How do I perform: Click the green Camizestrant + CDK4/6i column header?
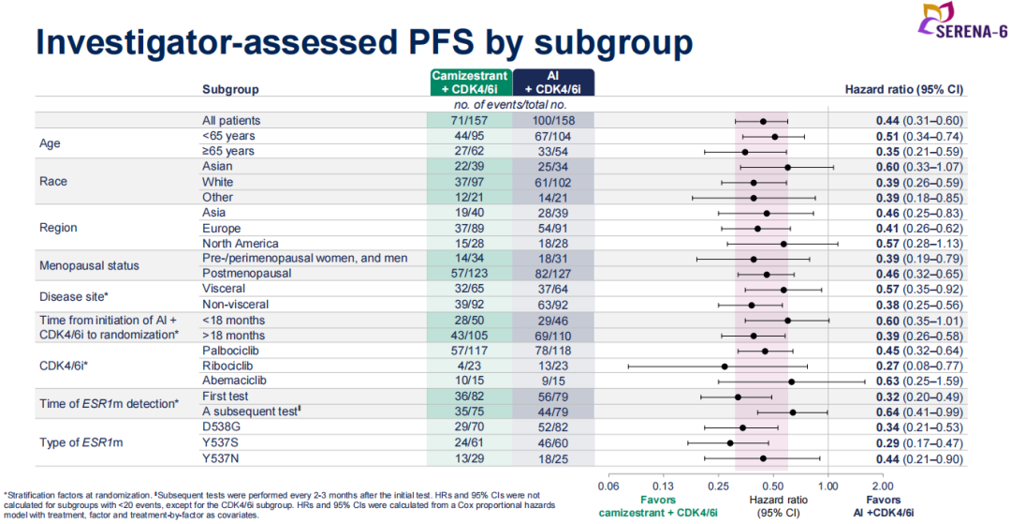[470, 82]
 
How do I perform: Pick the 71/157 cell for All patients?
[469, 121]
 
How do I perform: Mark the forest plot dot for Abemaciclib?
[792, 382]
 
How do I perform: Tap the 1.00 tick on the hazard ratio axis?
[828, 487]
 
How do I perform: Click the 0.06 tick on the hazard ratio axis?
[608, 487]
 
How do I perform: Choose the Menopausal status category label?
[89, 265]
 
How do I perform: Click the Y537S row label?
[220, 442]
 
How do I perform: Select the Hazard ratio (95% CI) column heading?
[903, 90]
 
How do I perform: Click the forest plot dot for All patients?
[764, 122]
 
